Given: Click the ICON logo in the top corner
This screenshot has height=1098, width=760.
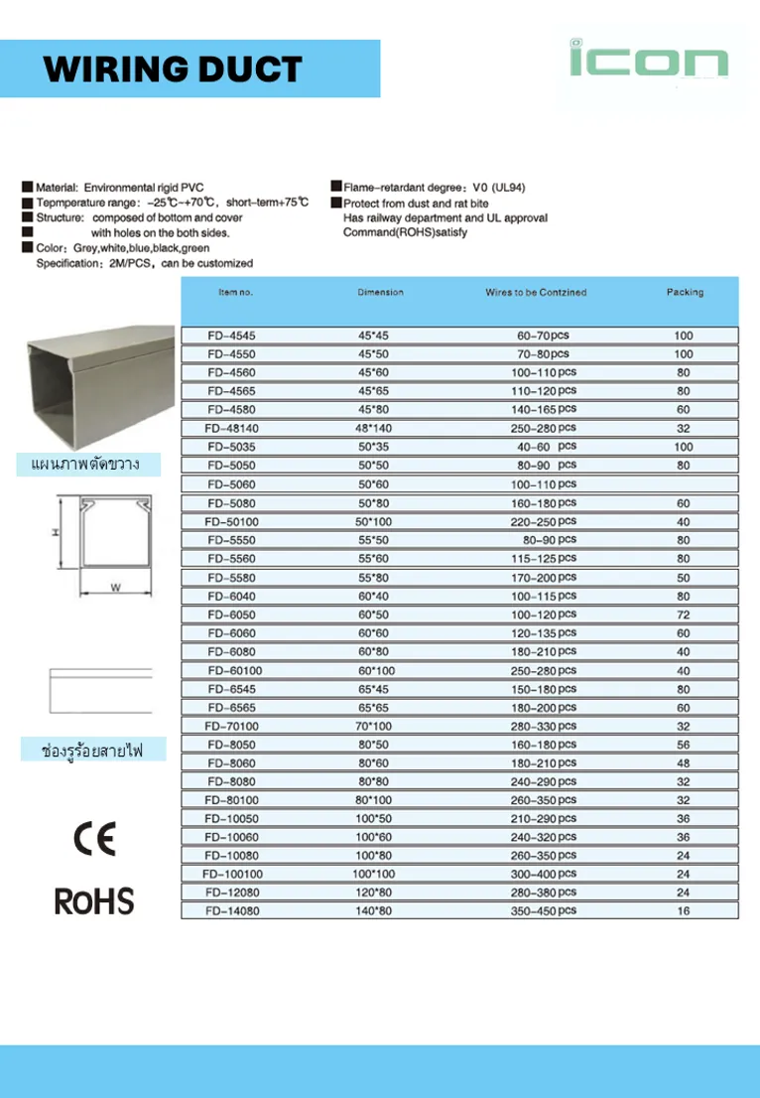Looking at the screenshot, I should [x=648, y=62].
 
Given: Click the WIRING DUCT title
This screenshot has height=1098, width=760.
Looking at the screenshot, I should [x=173, y=69].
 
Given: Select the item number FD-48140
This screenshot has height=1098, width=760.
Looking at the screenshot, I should [x=230, y=428].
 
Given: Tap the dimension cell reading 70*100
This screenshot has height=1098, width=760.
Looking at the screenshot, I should [x=374, y=726].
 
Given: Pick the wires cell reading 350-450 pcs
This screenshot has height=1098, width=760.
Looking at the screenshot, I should [x=544, y=910].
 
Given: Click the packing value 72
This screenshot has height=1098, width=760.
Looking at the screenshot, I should [x=684, y=615].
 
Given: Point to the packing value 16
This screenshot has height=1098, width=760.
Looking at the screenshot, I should [x=684, y=910].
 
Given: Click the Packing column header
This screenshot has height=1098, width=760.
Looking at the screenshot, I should [x=685, y=292].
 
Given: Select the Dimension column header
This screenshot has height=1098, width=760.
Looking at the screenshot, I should [x=381, y=292].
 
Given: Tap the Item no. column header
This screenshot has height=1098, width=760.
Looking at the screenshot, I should [x=236, y=292].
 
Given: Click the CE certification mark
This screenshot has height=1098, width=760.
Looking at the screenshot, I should [x=94, y=838].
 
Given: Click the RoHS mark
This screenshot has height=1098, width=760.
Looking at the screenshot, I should [x=94, y=901].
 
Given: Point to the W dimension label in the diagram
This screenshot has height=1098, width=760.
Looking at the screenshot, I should [x=115, y=589].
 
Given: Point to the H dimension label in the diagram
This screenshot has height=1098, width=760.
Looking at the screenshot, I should [x=56, y=533].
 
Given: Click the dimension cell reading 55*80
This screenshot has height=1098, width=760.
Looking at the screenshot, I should [x=374, y=578].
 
